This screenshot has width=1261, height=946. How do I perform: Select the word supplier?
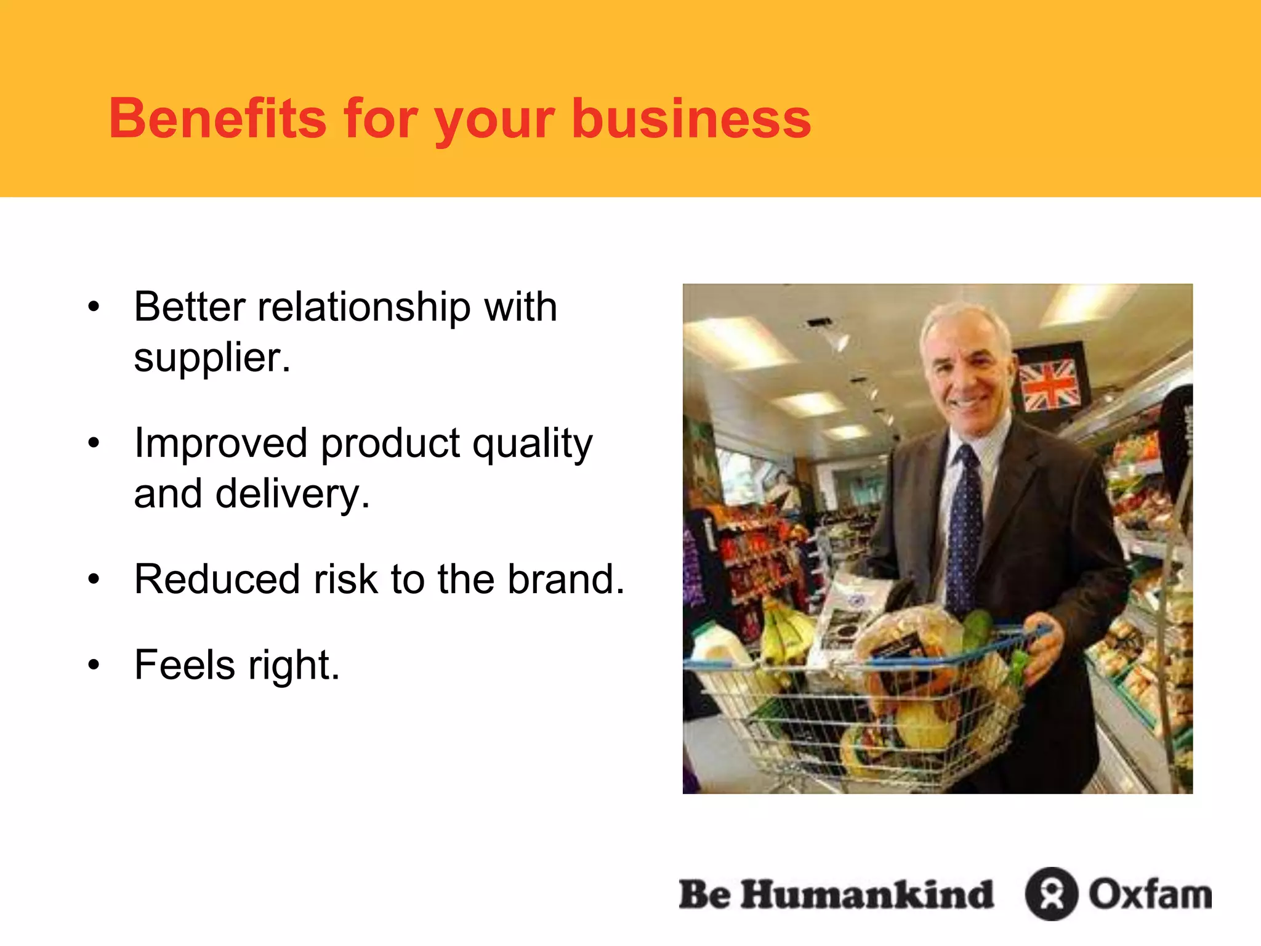211,358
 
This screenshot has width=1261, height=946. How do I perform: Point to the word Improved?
220,443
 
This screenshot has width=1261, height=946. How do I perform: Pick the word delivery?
292,494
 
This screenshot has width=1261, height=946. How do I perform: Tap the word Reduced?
216,579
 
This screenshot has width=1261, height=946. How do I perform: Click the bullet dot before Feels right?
94,665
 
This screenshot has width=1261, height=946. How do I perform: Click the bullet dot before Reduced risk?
94,579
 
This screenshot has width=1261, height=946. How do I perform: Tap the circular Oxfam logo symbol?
1051,894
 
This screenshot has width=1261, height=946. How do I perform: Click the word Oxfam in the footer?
1150,894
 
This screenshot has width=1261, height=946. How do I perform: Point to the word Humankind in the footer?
867,894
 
